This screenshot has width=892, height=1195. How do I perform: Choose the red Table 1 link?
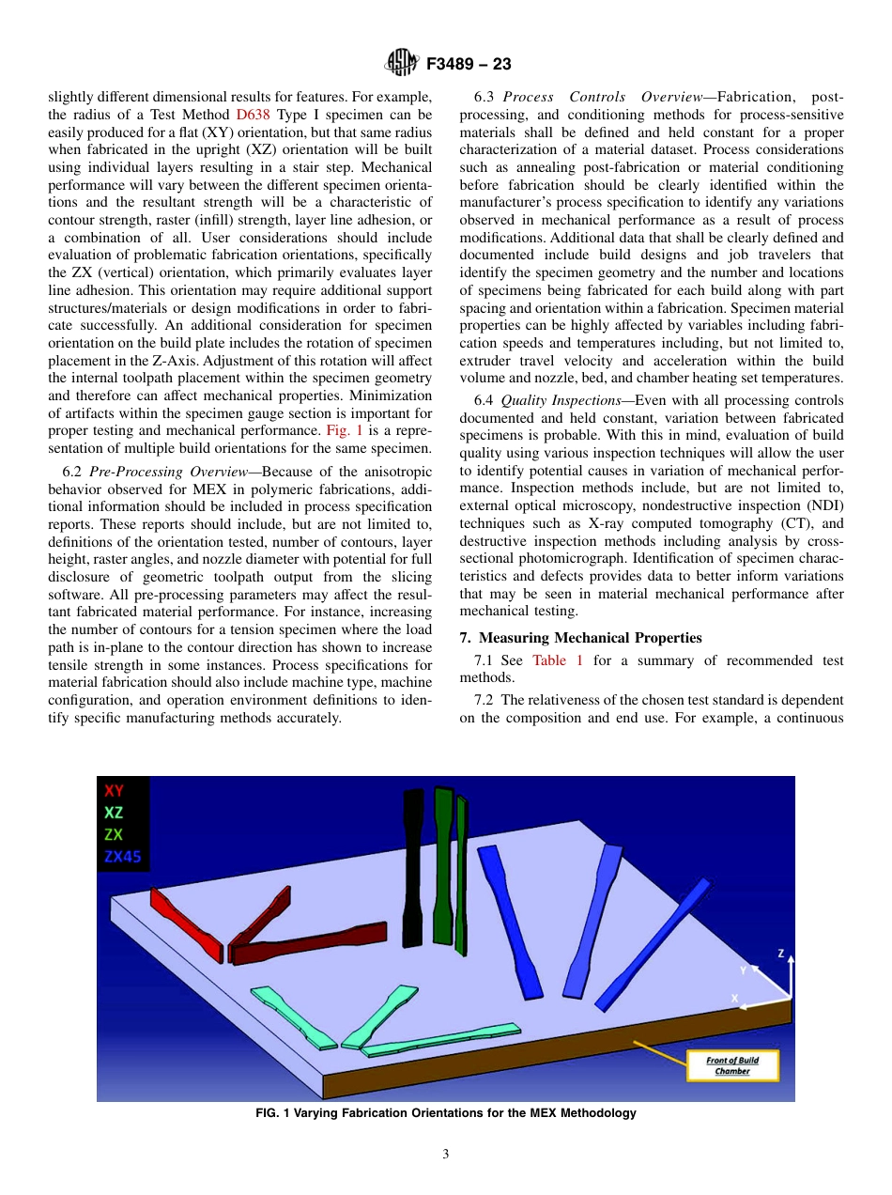coord(558,660)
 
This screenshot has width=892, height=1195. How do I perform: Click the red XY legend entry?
coord(114,791)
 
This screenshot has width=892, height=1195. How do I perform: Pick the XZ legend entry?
coord(114,813)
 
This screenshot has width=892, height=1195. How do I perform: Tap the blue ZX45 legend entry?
coord(122,856)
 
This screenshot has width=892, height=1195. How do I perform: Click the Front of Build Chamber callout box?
coord(731,1065)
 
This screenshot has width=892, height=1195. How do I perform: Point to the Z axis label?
coord(780,953)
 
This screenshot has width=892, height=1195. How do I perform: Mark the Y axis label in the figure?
coord(743,970)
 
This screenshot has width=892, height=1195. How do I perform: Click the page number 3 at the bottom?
coord(446,1155)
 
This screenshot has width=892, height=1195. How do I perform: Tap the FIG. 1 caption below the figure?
coord(446,1113)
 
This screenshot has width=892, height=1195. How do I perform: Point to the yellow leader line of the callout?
coord(662,1052)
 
